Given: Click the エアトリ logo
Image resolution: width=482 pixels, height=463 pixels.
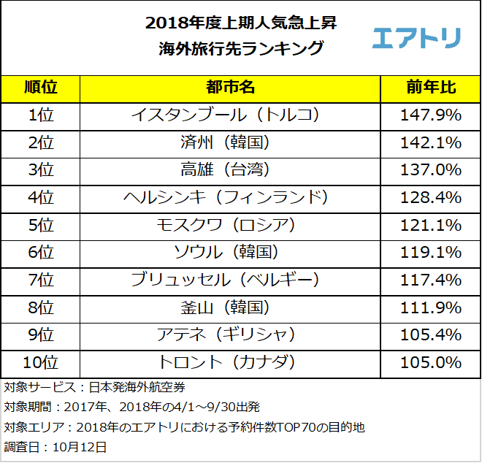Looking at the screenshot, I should point(416,37).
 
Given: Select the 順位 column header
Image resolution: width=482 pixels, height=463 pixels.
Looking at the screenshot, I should point(41,88).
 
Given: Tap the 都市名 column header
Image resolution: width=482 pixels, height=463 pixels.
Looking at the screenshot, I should point(230,88).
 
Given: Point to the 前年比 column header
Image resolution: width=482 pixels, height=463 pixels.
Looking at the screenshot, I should point(431,88).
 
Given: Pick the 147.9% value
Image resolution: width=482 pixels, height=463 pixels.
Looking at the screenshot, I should point(431,115).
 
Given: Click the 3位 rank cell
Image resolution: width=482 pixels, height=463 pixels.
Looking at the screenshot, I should point(41,169).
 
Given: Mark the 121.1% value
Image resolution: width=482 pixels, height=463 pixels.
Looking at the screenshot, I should point(431,225).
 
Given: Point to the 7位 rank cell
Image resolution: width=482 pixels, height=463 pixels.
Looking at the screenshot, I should point(41,280).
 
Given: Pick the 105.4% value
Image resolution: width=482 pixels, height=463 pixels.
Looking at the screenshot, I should point(431,334).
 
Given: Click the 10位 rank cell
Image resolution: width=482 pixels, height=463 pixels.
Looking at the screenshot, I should point(41,362).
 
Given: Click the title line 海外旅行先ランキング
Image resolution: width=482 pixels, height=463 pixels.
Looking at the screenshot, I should point(240,49).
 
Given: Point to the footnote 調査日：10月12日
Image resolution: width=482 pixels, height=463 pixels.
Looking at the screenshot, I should point(56,446).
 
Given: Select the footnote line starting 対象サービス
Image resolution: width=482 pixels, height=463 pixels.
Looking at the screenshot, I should point(99,387).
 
